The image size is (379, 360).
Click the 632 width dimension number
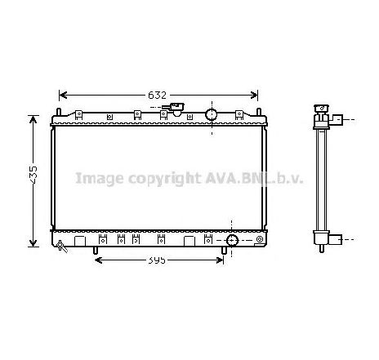(158, 95)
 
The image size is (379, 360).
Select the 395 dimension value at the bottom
(157, 260)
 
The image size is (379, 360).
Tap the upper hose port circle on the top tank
(210, 113)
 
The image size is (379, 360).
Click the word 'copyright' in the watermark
(154, 178)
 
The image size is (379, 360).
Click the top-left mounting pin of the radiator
(60, 109)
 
